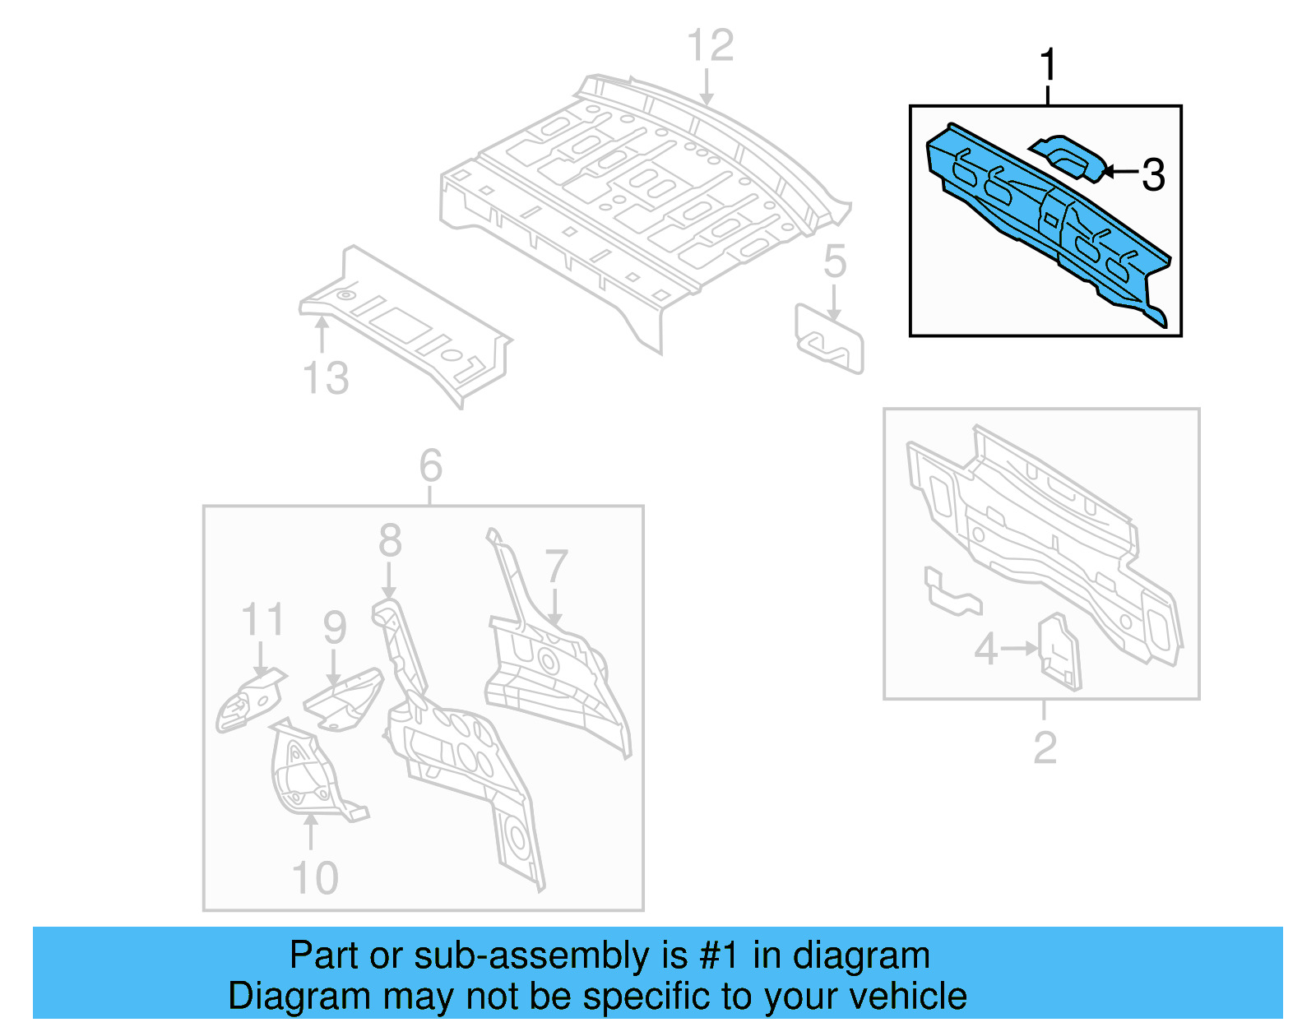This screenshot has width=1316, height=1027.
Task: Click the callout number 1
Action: point(1047,65)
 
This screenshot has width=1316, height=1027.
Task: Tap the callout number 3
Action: point(1153,174)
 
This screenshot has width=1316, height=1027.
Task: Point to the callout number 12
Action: point(710,45)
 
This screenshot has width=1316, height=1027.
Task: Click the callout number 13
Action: point(326,378)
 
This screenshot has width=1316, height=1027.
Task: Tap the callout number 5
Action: point(834,261)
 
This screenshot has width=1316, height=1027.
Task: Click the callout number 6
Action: point(430,466)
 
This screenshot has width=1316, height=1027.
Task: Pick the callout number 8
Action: point(390,541)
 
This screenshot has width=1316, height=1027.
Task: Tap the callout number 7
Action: point(557,567)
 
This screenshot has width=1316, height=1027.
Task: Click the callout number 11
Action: point(262,619)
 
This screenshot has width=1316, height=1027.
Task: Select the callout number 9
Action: point(334,627)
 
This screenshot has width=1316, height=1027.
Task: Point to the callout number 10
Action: point(315,878)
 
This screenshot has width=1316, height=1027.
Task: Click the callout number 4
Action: point(985,650)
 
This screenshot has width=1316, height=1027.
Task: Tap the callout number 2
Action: point(1045,747)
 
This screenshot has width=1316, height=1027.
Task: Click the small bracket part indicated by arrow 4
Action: point(1059,654)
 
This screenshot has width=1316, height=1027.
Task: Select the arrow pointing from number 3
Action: point(1120,172)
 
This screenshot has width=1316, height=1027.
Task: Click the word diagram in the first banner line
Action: point(861,956)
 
